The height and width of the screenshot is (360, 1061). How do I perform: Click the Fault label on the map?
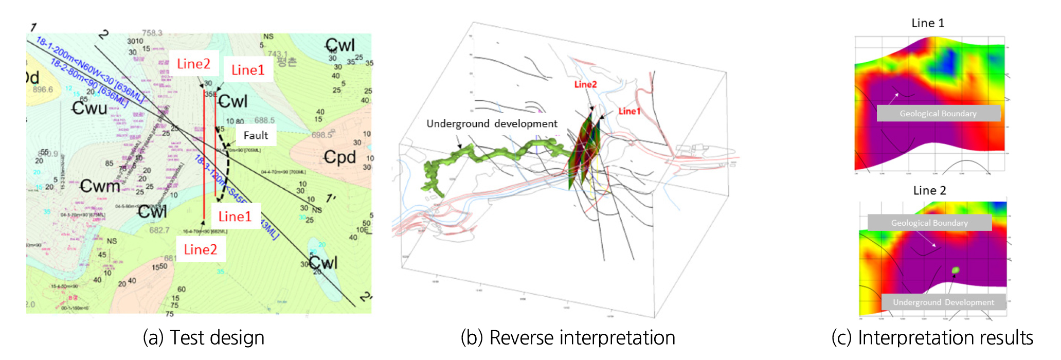pos(256,135)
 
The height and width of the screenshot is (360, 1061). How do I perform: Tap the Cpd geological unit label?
pos(339,157)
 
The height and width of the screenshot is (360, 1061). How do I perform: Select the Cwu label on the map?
pos(89,108)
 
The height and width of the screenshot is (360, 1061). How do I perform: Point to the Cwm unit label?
pos(100,186)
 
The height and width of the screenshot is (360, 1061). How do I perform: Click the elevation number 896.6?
pos(43,89)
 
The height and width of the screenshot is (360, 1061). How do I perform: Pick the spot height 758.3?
pos(152,33)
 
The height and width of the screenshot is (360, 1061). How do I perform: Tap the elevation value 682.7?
pos(159,230)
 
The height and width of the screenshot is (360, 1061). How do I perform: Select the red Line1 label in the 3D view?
pos(629,111)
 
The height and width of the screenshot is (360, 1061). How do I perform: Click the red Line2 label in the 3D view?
pos(585,84)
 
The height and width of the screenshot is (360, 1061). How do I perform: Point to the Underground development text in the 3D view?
pos(492,123)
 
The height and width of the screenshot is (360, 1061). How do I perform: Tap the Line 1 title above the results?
pos(928,23)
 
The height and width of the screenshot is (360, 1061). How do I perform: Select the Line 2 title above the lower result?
pos(929,190)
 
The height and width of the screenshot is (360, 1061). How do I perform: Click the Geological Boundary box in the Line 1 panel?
pos(938,114)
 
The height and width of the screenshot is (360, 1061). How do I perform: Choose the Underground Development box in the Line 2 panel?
pos(943,302)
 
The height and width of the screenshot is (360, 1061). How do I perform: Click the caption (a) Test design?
pos(204,338)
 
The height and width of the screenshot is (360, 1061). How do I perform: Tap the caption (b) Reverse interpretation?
pos(568,338)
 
